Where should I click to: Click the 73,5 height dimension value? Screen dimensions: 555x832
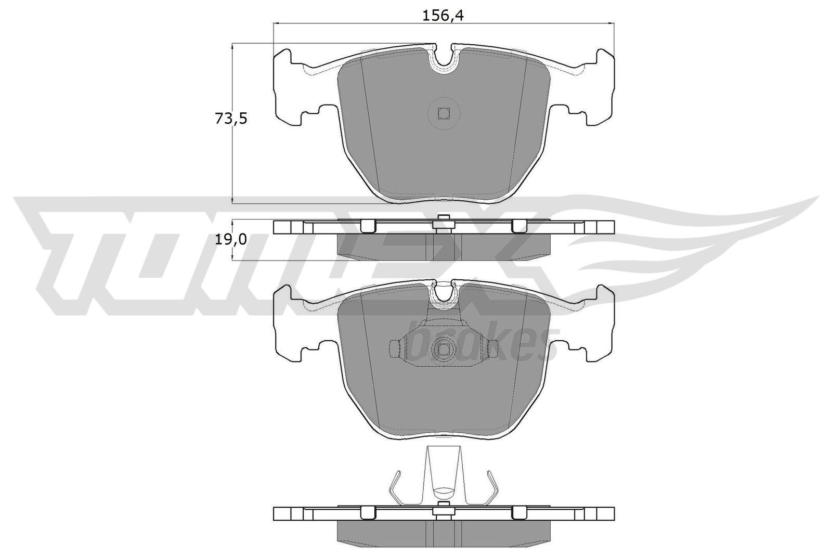click(230, 119)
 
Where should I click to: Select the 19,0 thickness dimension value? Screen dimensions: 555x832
click(230, 240)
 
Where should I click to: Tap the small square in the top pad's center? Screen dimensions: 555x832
click(443, 113)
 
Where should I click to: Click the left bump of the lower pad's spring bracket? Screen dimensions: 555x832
click(394, 347)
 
